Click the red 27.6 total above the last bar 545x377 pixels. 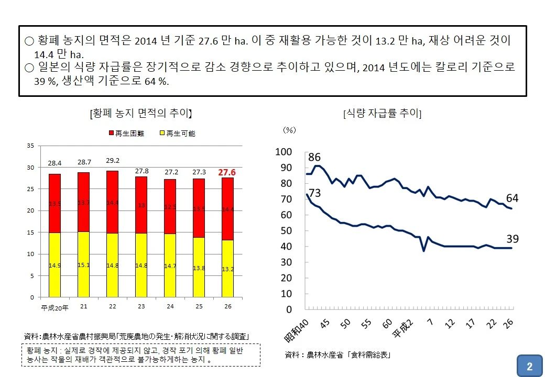[x=226, y=172]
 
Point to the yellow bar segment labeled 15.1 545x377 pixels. [x=84, y=264]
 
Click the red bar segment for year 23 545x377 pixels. [x=141, y=205]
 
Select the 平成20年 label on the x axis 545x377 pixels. [x=54, y=307]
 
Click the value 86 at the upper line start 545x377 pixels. [x=314, y=157]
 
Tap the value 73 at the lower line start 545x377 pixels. [x=314, y=193]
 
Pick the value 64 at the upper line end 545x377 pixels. [x=512, y=198]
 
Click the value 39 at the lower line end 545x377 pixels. [x=512, y=239]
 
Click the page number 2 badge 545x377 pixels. [x=529, y=366]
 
